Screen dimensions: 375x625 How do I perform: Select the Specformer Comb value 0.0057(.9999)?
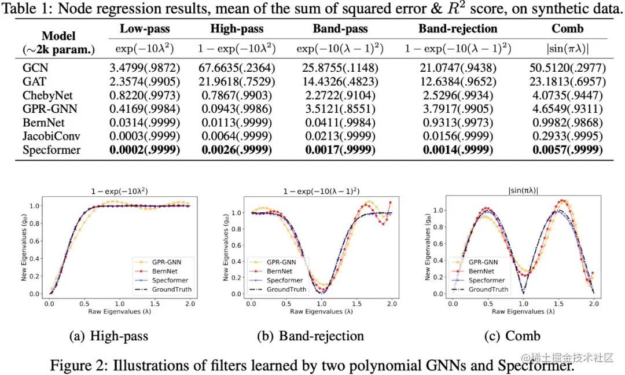pos(567,150)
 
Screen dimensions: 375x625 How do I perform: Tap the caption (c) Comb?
pos(514,336)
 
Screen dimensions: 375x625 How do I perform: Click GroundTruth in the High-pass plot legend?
pos(171,289)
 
